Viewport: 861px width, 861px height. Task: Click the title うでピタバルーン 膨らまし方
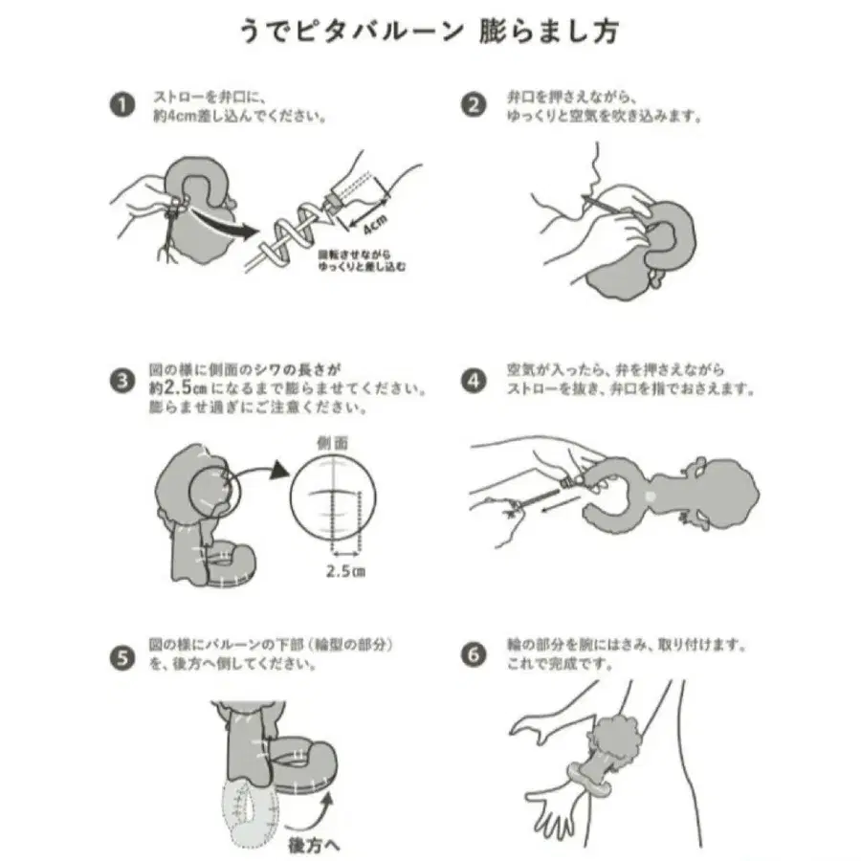[x=430, y=31]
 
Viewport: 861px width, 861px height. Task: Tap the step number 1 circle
[x=121, y=105]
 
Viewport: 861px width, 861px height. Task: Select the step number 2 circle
[x=474, y=105]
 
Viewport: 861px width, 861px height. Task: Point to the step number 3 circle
[x=121, y=381]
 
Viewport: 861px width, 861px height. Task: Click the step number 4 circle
[x=474, y=381]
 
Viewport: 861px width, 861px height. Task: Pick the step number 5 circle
[x=121, y=657]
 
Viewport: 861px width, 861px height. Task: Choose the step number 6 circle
[x=474, y=655]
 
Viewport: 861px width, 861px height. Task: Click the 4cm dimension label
[x=376, y=224]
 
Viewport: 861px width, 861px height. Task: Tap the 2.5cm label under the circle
[x=346, y=571]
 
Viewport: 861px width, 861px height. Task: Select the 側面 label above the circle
[x=333, y=443]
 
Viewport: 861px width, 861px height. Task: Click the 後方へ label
[x=314, y=844]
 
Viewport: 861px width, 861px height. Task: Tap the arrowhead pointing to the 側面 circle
[x=280, y=470]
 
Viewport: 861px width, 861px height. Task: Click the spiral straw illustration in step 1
[x=291, y=236]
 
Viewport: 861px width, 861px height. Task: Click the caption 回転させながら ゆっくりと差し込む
[x=362, y=261]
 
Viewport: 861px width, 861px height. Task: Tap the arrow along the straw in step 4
[x=559, y=505]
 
